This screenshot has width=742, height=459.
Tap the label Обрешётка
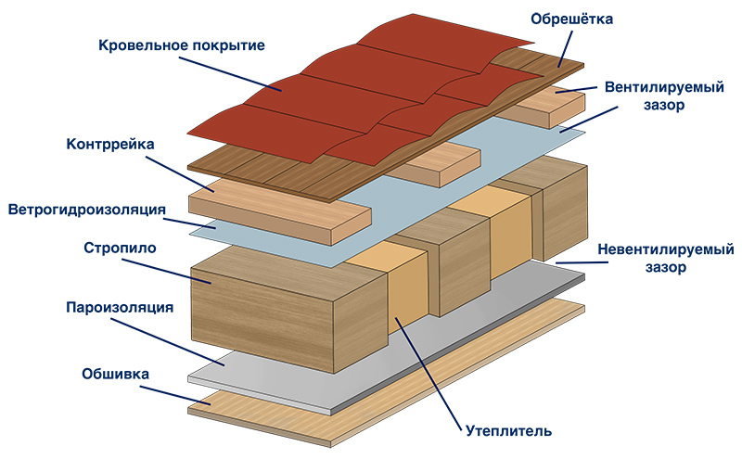coord(571,18)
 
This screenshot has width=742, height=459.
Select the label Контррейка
coord(109,145)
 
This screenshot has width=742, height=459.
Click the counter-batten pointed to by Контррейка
coord(278,213)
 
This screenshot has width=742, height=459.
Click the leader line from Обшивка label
coord(173,389)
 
